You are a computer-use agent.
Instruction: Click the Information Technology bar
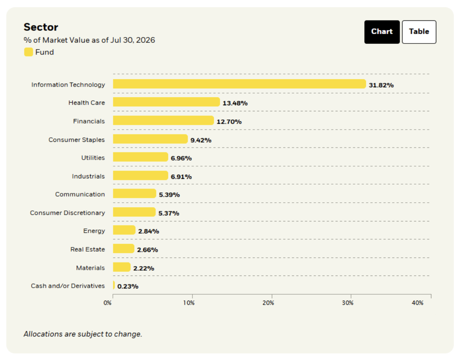click(240, 84)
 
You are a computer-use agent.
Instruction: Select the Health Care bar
click(166, 102)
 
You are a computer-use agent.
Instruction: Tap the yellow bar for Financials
click(163, 120)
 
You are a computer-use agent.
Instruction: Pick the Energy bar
click(124, 230)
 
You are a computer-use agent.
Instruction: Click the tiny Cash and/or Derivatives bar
click(114, 285)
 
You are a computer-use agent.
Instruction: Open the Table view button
click(419, 32)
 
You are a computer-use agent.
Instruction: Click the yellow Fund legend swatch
click(28, 52)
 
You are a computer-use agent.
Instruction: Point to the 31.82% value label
click(381, 85)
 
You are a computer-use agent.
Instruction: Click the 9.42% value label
click(201, 140)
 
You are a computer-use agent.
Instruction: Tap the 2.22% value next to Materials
click(144, 268)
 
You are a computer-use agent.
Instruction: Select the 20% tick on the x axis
click(268, 303)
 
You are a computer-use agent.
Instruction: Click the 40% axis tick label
click(418, 303)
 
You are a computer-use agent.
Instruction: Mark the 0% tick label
click(107, 303)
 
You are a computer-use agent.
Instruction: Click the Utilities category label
click(93, 158)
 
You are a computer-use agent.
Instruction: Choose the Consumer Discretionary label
click(67, 213)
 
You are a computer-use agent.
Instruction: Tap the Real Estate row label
click(87, 249)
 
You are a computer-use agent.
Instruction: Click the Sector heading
click(41, 27)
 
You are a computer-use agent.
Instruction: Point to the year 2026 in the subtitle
click(145, 40)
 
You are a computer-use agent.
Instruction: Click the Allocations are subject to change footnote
click(83, 334)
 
